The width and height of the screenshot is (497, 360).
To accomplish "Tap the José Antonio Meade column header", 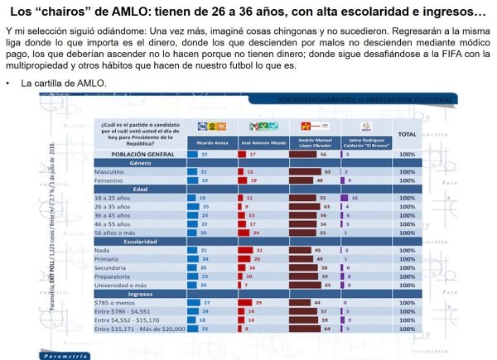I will tap(263, 142).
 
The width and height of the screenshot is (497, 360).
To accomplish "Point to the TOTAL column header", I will tap(407, 133).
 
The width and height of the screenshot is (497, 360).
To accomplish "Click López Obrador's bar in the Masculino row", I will tap(305, 171).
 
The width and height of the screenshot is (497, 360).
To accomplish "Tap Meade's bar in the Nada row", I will tap(253, 250).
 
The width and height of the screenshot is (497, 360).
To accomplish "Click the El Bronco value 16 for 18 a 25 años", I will tap(355, 199).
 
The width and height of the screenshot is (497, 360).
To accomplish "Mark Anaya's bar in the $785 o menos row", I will tap(201, 304).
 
